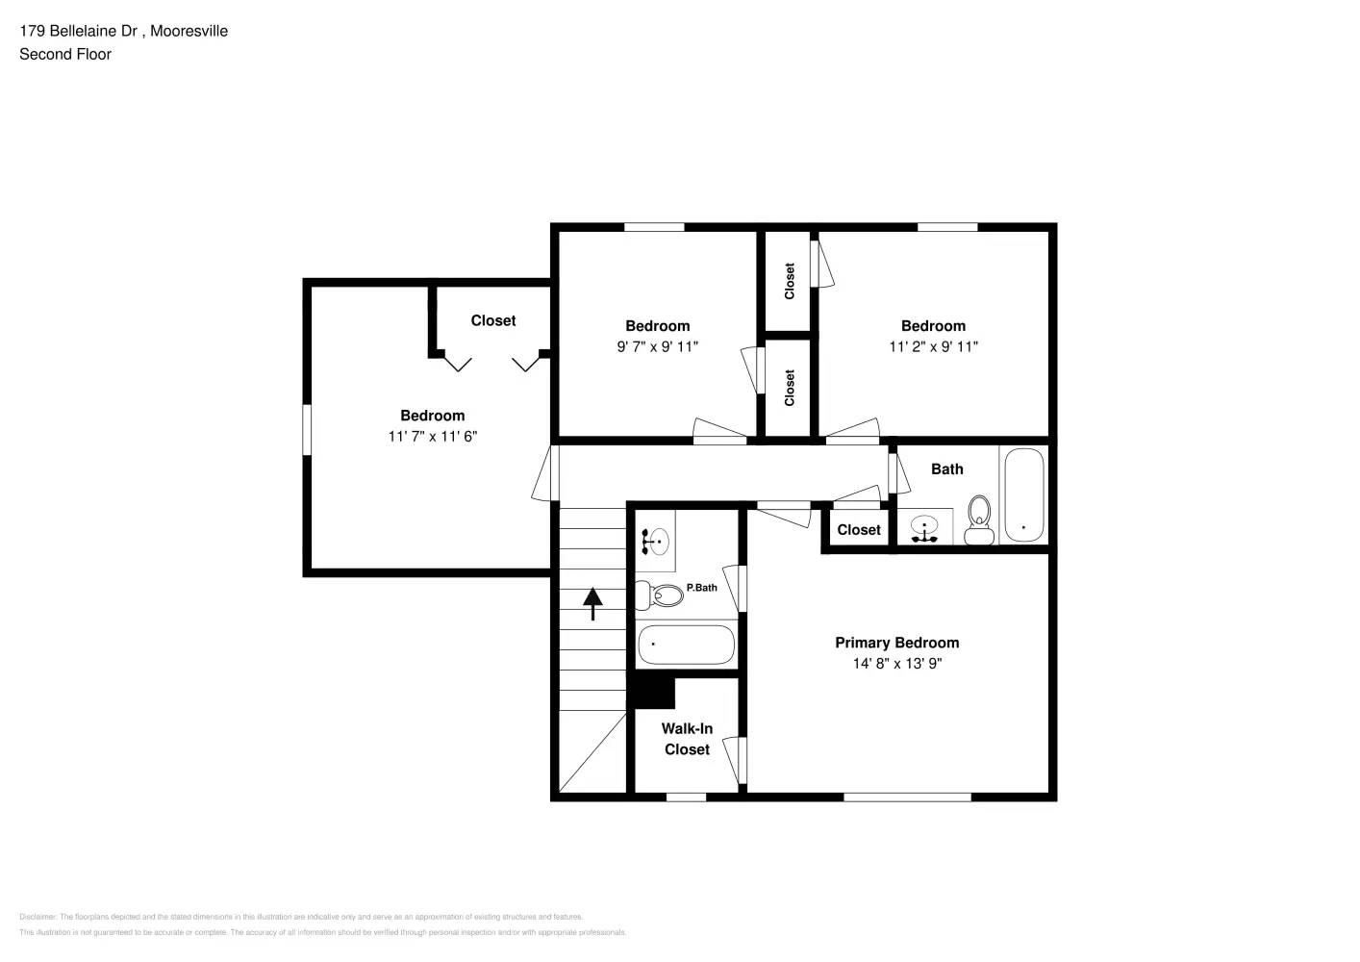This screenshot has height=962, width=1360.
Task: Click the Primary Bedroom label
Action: (896, 643)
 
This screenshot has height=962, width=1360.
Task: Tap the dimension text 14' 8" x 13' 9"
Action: (896, 664)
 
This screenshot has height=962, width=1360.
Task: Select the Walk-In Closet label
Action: (687, 739)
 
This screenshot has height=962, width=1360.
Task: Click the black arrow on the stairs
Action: (592, 603)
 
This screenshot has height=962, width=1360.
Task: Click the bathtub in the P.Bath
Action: (686, 645)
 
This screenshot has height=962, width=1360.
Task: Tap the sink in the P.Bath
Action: (656, 542)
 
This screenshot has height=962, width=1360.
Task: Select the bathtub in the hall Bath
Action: (1023, 495)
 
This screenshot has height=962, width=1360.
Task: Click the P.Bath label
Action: (701, 588)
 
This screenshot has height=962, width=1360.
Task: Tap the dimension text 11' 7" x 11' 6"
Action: (433, 437)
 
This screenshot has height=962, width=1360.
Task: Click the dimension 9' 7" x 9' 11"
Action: (657, 347)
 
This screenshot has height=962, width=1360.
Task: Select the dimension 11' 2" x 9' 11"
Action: (933, 347)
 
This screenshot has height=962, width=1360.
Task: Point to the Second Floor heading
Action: (65, 55)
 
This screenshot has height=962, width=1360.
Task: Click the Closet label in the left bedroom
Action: (493, 321)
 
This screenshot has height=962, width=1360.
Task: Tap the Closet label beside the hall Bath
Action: (858, 530)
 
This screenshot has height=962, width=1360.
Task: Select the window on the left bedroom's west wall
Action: (308, 429)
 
